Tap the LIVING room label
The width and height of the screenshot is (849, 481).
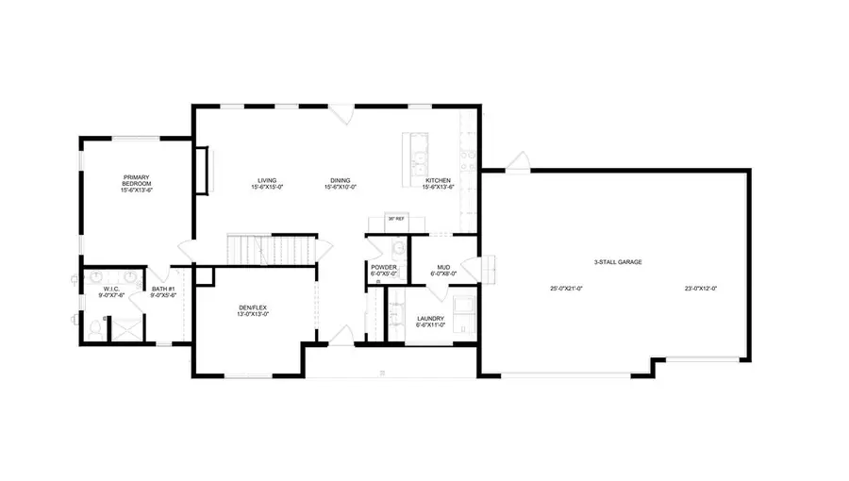click(267, 181)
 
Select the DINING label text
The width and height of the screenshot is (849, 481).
click(340, 181)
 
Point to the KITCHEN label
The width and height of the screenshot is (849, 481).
click(440, 181)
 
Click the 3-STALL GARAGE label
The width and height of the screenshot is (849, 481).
click(619, 261)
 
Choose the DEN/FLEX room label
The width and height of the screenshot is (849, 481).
click(253, 309)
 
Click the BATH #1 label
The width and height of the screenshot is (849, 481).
click(163, 291)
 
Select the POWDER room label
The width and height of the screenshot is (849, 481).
click(384, 268)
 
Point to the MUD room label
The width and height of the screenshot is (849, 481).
click(442, 268)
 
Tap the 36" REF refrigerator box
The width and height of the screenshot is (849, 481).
click(396, 220)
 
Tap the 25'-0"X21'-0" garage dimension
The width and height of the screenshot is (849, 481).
click(566, 288)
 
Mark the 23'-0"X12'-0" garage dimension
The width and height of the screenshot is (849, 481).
click(701, 288)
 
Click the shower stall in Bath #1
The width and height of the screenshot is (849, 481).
click(125, 326)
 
